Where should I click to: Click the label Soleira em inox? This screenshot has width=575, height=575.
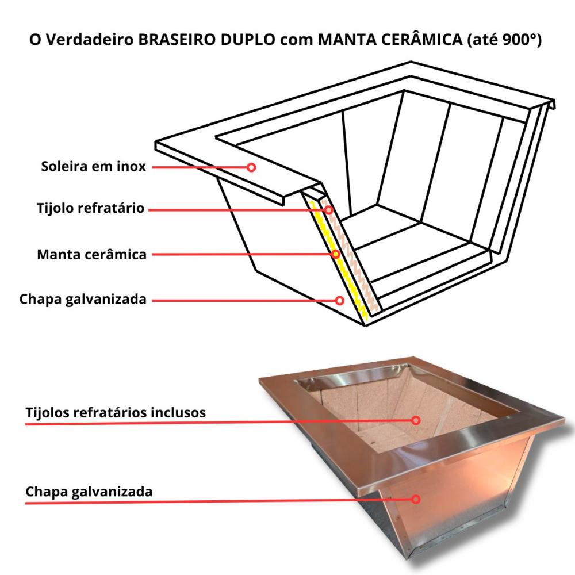93,167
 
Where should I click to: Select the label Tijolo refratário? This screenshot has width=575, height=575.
91,208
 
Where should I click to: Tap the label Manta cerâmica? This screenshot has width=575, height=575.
91,254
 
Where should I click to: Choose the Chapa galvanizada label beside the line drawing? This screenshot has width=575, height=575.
83,299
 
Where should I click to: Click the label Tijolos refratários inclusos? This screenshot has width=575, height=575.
116,413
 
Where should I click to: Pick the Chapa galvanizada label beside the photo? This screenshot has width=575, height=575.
89,492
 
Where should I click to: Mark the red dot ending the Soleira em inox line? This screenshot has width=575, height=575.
251,167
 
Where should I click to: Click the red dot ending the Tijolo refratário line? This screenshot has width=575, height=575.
329,210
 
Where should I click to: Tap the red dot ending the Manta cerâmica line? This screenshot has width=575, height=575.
335,254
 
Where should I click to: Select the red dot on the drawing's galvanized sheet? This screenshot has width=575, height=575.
340,300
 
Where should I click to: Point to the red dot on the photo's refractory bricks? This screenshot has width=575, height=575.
416,420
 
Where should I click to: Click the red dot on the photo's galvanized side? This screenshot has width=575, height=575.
416,499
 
